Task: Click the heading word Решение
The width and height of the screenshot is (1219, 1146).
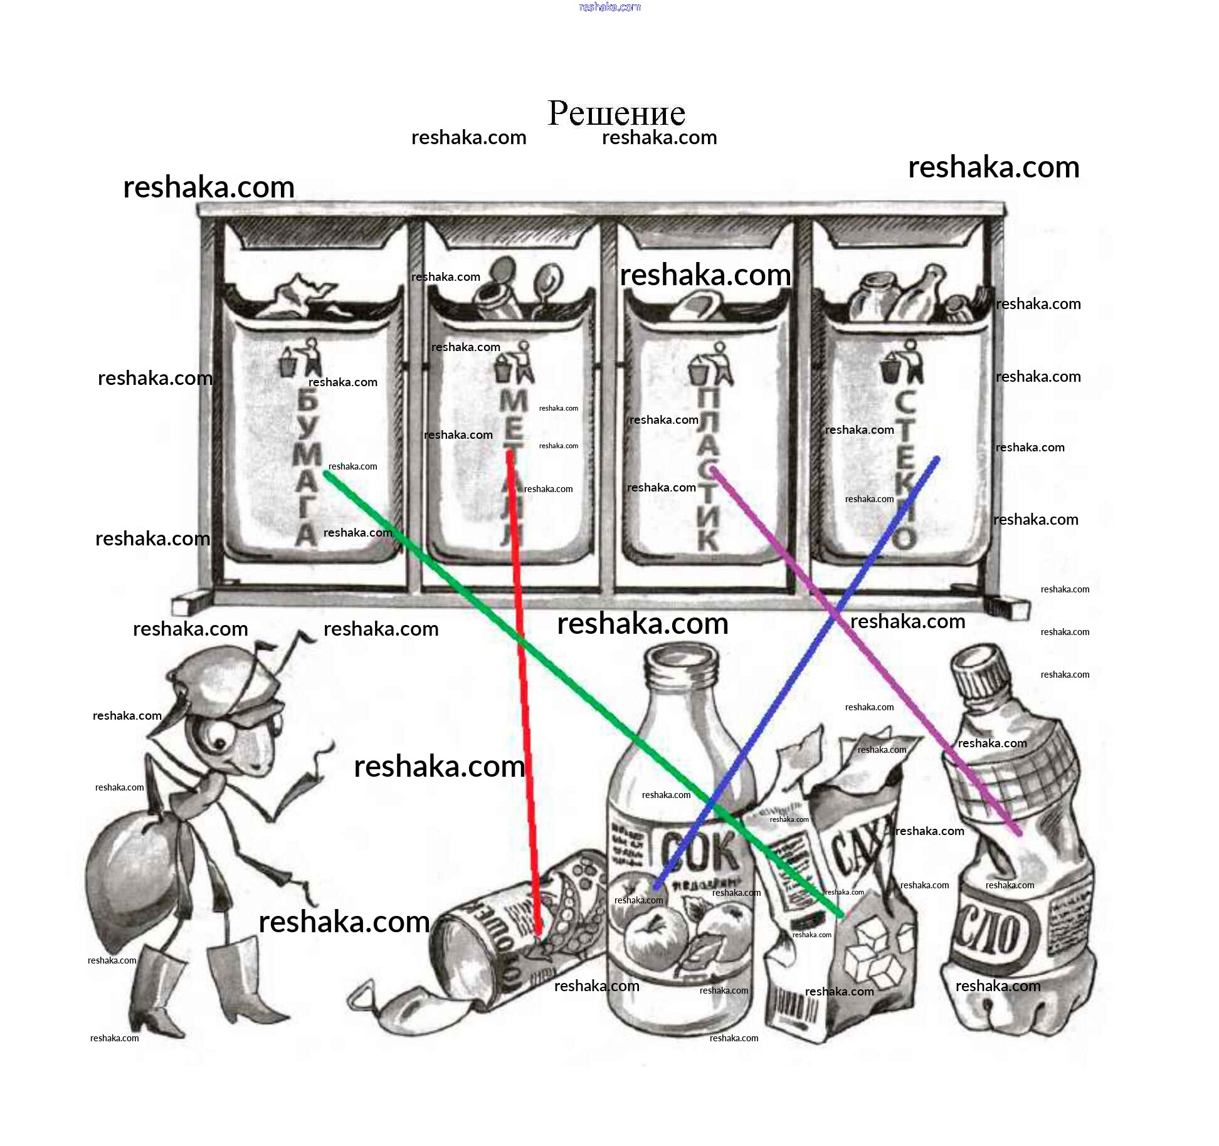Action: point(616,113)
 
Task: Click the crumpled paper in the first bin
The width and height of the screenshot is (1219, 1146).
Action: point(295,295)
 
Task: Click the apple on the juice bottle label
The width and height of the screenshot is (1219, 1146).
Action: point(655,940)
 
